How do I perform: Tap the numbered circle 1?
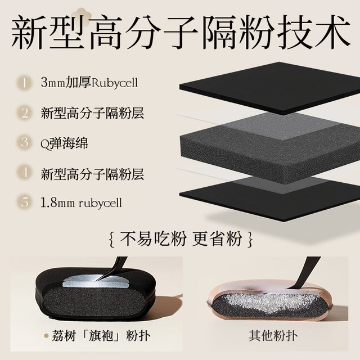click(x=25, y=83)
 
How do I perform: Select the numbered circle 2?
click(x=25, y=112)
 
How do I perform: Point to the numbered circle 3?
click(x=25, y=142)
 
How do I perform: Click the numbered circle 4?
click(x=25, y=173)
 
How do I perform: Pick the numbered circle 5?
click(x=25, y=202)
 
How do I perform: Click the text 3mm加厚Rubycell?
click(x=89, y=83)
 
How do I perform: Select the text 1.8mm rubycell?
click(x=82, y=202)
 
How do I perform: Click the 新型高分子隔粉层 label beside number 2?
click(x=93, y=112)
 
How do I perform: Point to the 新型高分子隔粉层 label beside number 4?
click(x=93, y=173)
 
